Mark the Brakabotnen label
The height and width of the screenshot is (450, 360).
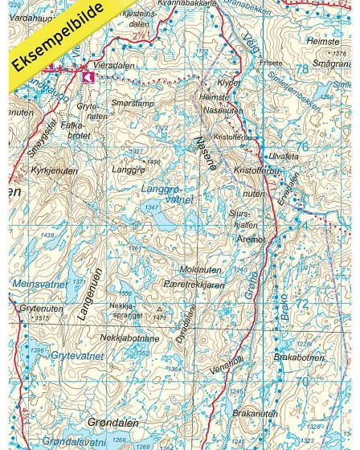click(x=298, y=356)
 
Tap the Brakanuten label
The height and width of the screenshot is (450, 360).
click(x=254, y=413)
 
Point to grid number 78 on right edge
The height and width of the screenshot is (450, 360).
click(x=301, y=69)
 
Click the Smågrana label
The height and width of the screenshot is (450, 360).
click(x=331, y=62)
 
